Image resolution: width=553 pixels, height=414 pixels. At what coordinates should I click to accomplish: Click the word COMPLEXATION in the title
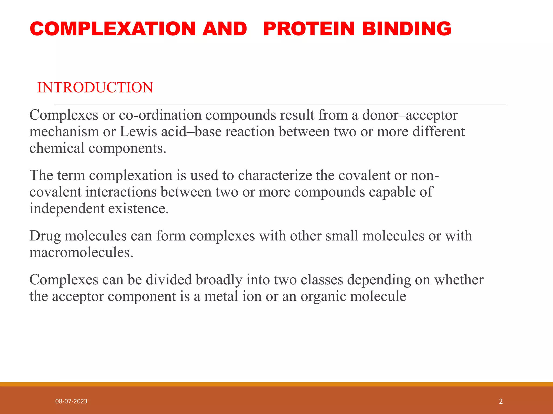pos(113,29)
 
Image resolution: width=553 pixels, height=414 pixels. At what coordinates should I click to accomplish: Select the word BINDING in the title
pos(407,29)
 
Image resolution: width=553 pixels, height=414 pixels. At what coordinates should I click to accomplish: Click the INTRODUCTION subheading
pos(95,88)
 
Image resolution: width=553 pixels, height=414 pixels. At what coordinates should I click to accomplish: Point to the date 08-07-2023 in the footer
pos(71,401)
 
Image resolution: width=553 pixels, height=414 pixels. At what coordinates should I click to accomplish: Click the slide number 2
pos(501,401)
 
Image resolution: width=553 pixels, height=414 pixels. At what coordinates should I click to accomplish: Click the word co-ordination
pos(160,115)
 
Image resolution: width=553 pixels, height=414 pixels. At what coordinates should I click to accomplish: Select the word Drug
pos(45,236)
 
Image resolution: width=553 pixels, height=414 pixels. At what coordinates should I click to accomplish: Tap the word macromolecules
pos(81,253)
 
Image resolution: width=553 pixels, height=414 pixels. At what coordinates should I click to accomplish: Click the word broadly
pos(219,280)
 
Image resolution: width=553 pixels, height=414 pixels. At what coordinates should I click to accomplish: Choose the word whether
pos(458,280)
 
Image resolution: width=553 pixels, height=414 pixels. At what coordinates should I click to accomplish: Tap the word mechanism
pos(64,132)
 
